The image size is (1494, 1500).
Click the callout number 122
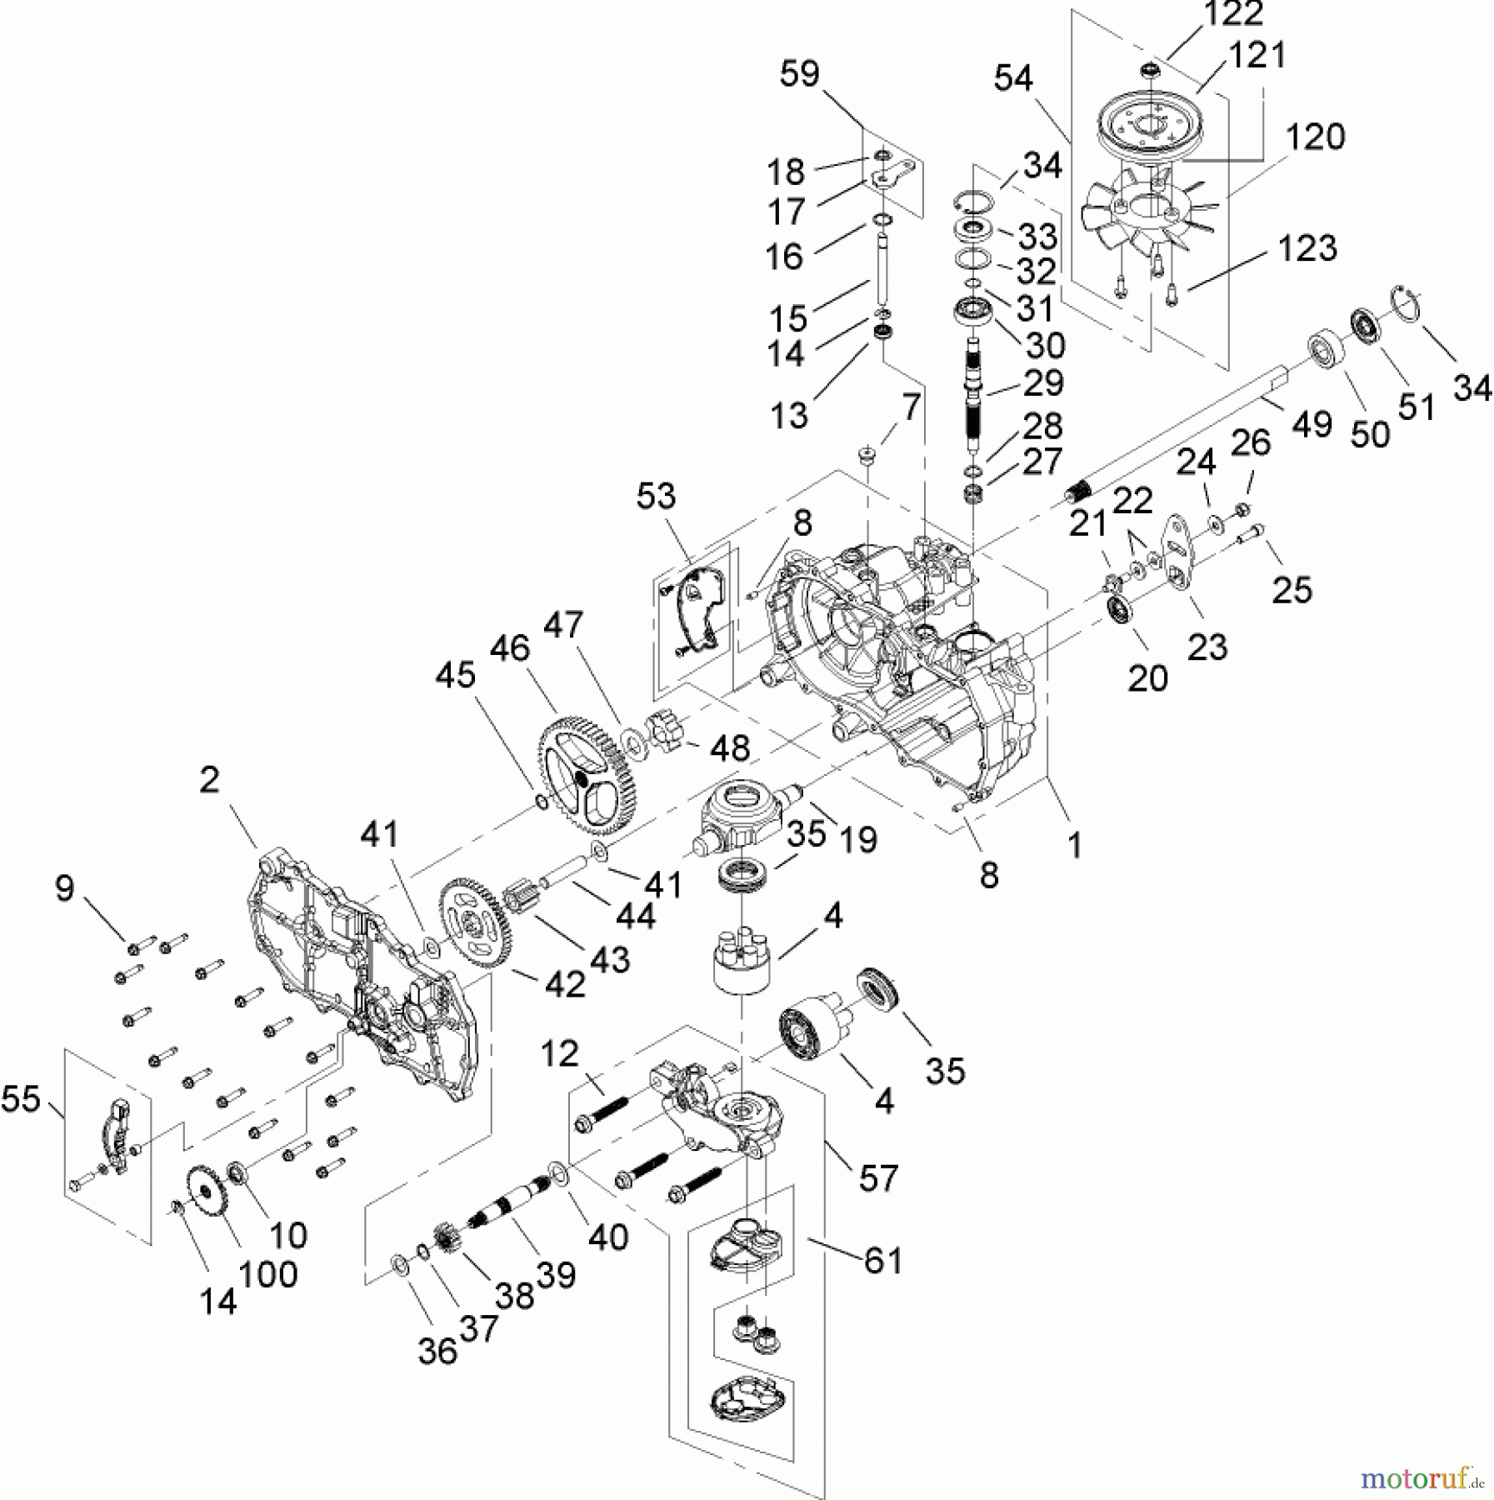click(1232, 14)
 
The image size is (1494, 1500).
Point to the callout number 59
click(799, 74)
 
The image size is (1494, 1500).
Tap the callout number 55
click(21, 1099)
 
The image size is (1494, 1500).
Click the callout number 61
click(882, 1261)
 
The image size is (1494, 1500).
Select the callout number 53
click(656, 496)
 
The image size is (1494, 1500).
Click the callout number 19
click(858, 839)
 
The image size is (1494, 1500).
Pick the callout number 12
click(559, 1054)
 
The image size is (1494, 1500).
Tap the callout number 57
click(878, 1178)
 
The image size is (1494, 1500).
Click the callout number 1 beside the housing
click(1075, 845)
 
